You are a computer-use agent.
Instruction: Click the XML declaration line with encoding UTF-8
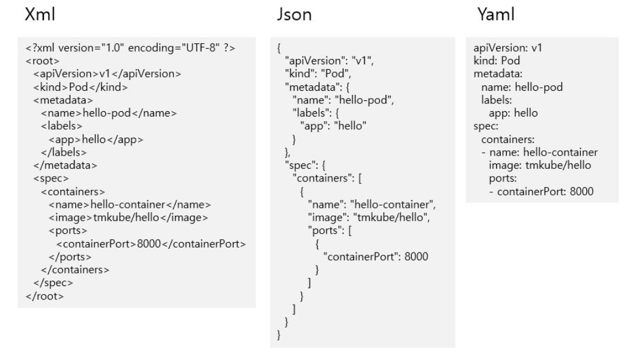pyautogui.click(x=126, y=49)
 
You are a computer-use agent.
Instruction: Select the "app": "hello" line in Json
pyautogui.click(x=333, y=126)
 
